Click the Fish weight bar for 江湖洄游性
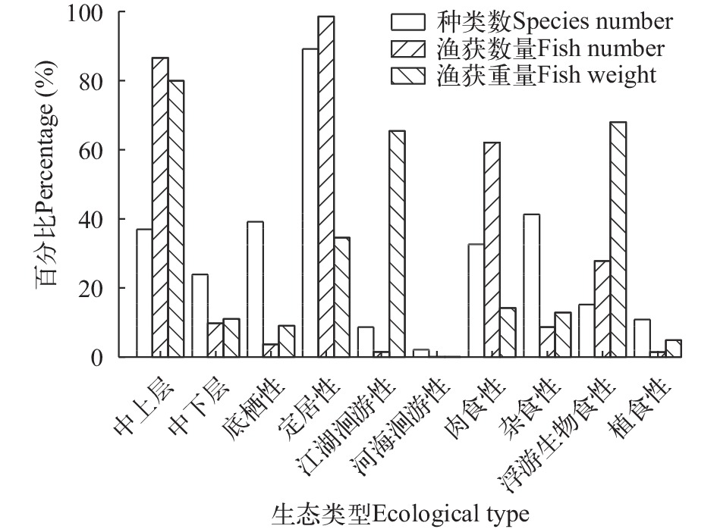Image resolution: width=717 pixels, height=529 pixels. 397,243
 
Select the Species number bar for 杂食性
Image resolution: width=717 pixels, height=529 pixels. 531,286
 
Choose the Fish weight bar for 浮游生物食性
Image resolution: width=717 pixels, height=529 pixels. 618,239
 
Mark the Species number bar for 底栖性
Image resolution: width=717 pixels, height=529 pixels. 254,289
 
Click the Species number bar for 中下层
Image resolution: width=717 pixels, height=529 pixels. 200,315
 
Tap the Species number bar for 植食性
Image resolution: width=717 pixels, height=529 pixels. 641,338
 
